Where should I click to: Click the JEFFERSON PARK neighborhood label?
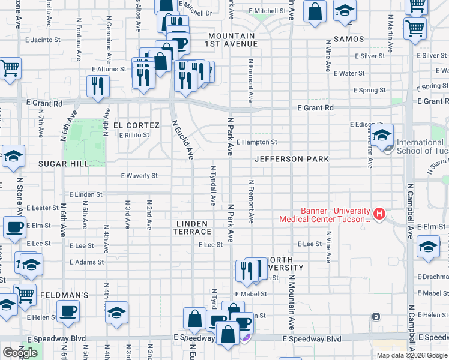(291, 159)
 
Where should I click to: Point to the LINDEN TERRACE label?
(191, 227)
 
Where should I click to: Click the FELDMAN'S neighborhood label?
(64, 296)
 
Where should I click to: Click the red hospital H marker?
(379, 213)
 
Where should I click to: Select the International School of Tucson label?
(420, 147)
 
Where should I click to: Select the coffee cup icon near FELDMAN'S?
(68, 311)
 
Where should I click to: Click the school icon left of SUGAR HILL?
(13, 155)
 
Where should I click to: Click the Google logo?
(19, 353)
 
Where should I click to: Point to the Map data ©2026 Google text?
(411, 355)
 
